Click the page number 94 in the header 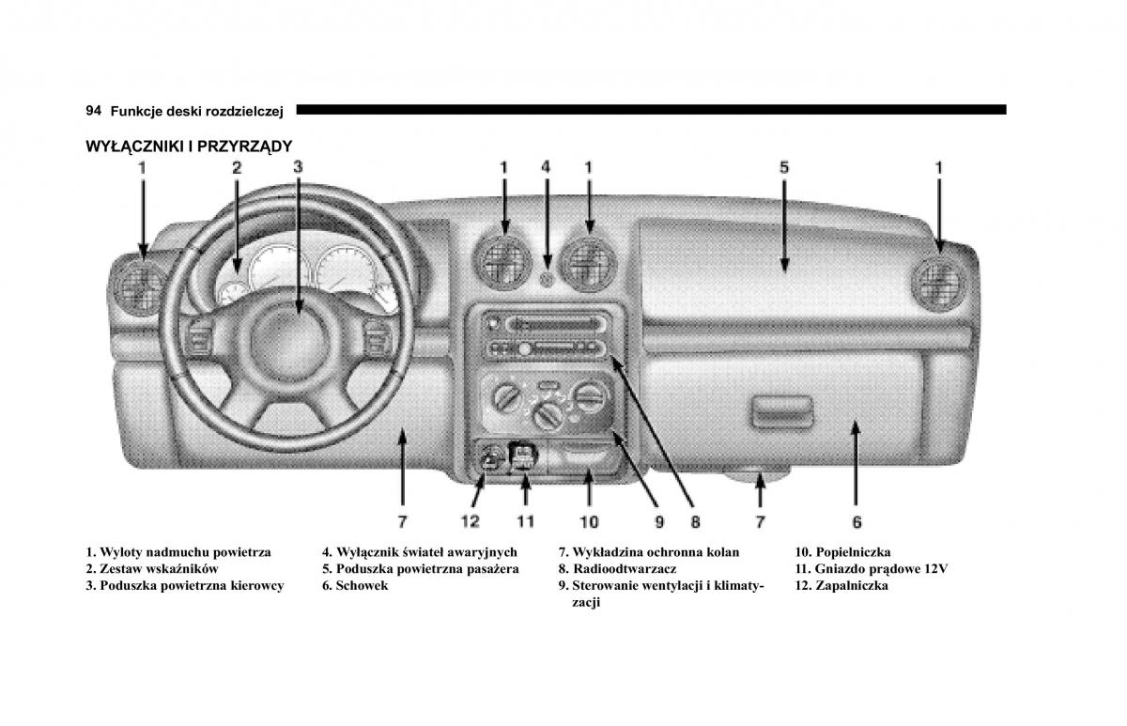(93, 111)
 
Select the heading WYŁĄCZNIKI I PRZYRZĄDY (189, 147)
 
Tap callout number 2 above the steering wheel (237, 168)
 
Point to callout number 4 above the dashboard (546, 167)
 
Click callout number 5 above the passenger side (784, 167)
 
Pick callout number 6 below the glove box (857, 521)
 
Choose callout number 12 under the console (470, 521)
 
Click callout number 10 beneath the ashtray (589, 521)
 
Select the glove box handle (781, 409)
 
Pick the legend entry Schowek (362, 585)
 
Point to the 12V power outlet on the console (523, 456)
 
